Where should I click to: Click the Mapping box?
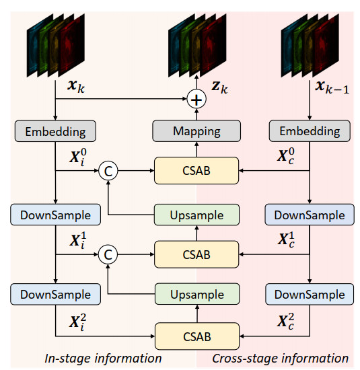(x=196, y=131)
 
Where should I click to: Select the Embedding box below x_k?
(x=55, y=131)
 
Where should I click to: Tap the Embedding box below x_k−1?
(x=310, y=131)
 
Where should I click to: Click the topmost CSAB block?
(x=196, y=170)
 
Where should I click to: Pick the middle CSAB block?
(x=196, y=254)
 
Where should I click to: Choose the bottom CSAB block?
(x=197, y=336)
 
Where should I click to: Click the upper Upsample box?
(x=196, y=215)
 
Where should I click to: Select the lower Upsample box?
(x=197, y=294)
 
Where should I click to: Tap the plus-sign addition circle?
(x=196, y=100)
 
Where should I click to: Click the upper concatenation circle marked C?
(x=108, y=171)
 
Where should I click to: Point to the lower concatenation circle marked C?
(x=108, y=254)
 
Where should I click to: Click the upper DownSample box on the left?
(x=55, y=215)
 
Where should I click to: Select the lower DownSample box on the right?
(x=310, y=294)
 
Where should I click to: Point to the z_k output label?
(x=219, y=87)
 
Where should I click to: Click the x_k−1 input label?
(x=332, y=87)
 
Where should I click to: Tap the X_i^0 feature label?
(x=78, y=157)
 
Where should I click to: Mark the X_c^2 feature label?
(x=286, y=322)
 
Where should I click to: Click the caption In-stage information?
(x=103, y=358)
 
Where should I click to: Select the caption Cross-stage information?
(x=280, y=358)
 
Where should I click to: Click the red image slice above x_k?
(x=71, y=45)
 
